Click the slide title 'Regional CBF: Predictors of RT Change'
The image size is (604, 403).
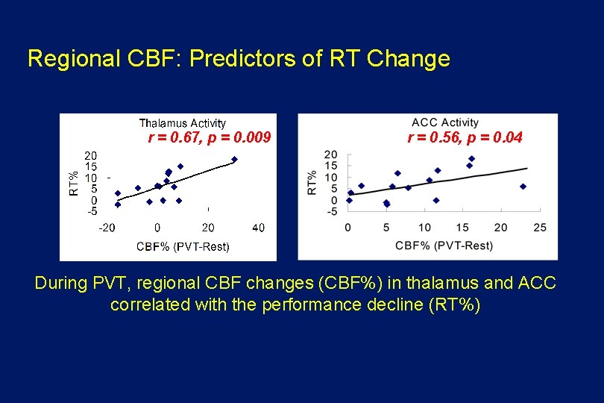239,58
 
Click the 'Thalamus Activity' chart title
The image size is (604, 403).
183,123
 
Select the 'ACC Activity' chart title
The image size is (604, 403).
445,122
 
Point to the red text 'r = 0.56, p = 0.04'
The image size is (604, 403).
465,137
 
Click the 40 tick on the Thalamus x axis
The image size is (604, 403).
258,227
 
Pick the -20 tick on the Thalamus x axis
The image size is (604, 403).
107,227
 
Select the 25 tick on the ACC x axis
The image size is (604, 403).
540,227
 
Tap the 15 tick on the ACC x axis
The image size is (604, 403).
462,227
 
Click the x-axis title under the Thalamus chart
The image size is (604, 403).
183,246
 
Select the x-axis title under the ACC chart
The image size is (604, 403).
444,245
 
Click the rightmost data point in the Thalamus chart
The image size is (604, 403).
234,159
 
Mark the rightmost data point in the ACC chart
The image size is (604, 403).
523,187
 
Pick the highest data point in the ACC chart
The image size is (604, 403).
472,159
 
